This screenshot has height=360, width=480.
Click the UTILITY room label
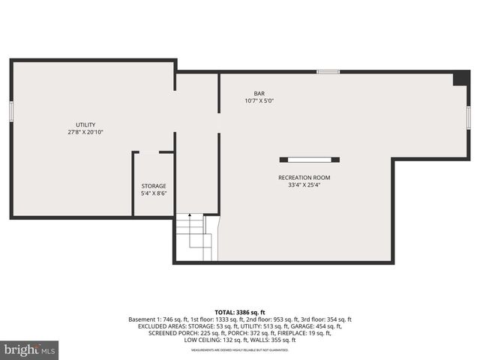(85, 124)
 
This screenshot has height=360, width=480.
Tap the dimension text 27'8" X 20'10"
(85, 132)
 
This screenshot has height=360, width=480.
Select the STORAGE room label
(154, 186)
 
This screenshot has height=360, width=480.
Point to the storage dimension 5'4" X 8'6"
(154, 193)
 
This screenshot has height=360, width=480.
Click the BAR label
(259, 93)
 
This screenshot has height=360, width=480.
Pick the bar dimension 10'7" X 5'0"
(259, 100)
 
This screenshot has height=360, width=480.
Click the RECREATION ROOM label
(304, 178)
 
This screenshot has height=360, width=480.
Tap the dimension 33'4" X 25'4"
(304, 185)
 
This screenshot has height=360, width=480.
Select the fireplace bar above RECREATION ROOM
(310, 159)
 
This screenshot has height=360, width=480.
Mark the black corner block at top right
(461, 78)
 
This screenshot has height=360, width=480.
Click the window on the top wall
(328, 72)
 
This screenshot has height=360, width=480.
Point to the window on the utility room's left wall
(11, 109)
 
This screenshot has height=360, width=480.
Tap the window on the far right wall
(469, 118)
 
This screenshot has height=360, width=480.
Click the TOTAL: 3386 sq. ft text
(240, 311)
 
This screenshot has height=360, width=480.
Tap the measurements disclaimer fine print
(240, 350)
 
